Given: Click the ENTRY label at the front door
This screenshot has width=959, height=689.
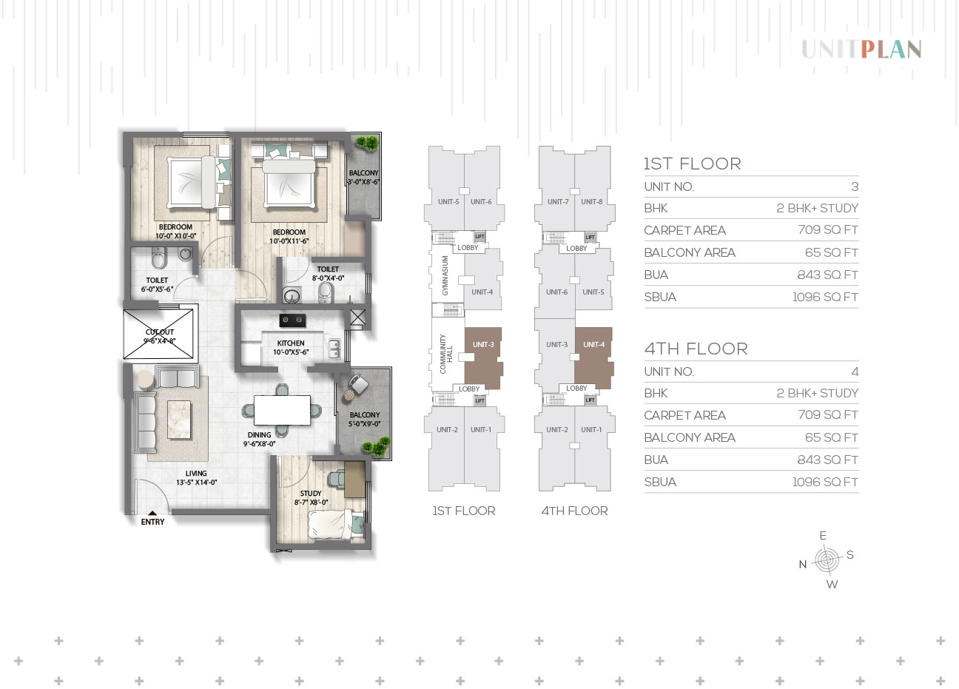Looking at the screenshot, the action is point(152,522).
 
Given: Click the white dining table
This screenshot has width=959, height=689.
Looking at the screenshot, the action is point(282,410).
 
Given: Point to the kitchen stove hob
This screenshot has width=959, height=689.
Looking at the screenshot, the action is point(292,320).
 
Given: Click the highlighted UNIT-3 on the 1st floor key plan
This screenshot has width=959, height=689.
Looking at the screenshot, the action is point(483,358).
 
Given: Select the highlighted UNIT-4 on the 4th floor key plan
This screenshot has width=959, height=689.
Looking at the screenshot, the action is point(593,358).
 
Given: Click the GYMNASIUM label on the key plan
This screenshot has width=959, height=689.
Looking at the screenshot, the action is point(445,275).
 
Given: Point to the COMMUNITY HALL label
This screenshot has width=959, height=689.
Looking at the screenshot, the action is point(446,354).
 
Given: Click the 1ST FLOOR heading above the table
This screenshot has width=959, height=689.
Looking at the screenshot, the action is point(693,164).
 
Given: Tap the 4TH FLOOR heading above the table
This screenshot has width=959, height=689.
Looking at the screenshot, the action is point(696,349).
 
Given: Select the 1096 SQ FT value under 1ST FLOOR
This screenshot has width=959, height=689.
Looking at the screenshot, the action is point(825,297).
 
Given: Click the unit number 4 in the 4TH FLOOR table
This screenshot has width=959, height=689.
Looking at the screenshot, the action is point(855,372).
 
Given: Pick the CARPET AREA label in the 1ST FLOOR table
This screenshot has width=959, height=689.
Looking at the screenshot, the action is point(684,230).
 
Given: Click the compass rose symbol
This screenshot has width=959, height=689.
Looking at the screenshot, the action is point(827,559).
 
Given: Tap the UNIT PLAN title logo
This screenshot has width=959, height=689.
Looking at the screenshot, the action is point(861,50).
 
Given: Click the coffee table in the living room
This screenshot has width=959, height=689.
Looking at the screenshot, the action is point(179,420).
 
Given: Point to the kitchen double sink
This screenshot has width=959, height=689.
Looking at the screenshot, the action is point(334,349).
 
